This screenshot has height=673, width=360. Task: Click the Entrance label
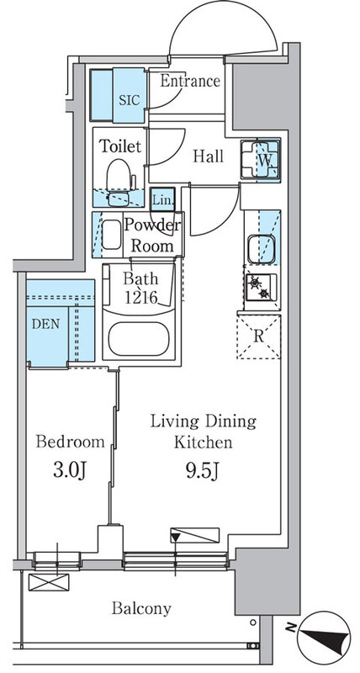(x=190, y=81)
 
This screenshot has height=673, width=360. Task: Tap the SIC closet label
(x=130, y=100)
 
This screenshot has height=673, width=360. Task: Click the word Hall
(x=208, y=156)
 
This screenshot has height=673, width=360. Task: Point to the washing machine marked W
(x=261, y=160)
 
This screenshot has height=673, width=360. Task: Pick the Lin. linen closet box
(x=163, y=199)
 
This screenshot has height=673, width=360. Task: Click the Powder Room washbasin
(x=112, y=235)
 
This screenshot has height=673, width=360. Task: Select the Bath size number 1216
(x=140, y=297)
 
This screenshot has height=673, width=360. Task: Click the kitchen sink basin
(x=261, y=249)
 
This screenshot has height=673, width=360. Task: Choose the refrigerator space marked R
(x=259, y=337)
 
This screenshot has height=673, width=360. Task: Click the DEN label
(x=46, y=324)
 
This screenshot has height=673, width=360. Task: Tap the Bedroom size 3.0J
(x=71, y=471)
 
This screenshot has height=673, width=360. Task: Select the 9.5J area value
(x=203, y=471)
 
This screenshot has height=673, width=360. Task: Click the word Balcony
(x=141, y=608)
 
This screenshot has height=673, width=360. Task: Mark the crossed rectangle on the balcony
(x=49, y=582)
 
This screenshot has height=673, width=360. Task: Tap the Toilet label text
(x=120, y=146)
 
